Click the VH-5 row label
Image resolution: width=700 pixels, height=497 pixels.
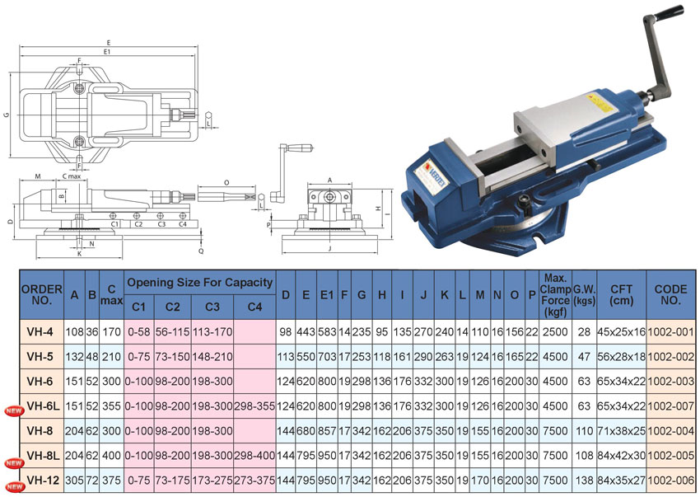[x=40, y=357]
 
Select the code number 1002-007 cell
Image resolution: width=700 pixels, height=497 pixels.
[x=670, y=406]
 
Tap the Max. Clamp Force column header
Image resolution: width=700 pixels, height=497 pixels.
[x=555, y=295]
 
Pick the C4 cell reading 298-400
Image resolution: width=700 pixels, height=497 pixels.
[x=254, y=456]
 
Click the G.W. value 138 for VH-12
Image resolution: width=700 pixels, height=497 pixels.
[x=584, y=481]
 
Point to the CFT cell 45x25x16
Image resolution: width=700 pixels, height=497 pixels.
[x=622, y=332]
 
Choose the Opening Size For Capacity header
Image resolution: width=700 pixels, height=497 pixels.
[x=199, y=283]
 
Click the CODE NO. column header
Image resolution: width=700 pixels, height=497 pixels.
[x=670, y=294]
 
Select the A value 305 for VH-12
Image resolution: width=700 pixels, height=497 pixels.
[x=75, y=481]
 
